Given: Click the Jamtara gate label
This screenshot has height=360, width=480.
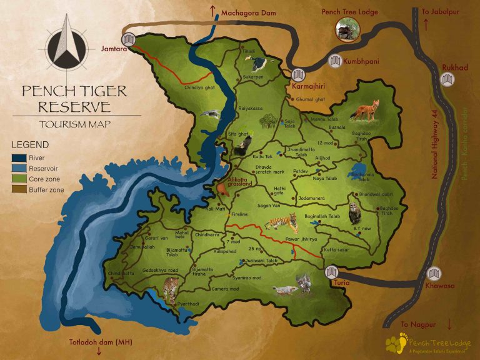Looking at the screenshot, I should (113, 47).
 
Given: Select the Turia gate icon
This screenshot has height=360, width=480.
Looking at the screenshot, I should (331, 271).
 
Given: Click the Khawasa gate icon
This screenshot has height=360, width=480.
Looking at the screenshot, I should (434, 273).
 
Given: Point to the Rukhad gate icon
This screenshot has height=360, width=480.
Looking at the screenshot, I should (447, 79).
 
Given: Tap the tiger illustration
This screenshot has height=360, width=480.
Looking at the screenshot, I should (281, 222).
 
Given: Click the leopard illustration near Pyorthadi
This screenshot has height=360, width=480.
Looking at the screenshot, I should (170, 289).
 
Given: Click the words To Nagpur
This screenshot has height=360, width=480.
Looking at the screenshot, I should (417, 324).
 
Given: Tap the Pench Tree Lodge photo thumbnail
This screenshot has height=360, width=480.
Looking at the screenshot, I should (344, 29).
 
